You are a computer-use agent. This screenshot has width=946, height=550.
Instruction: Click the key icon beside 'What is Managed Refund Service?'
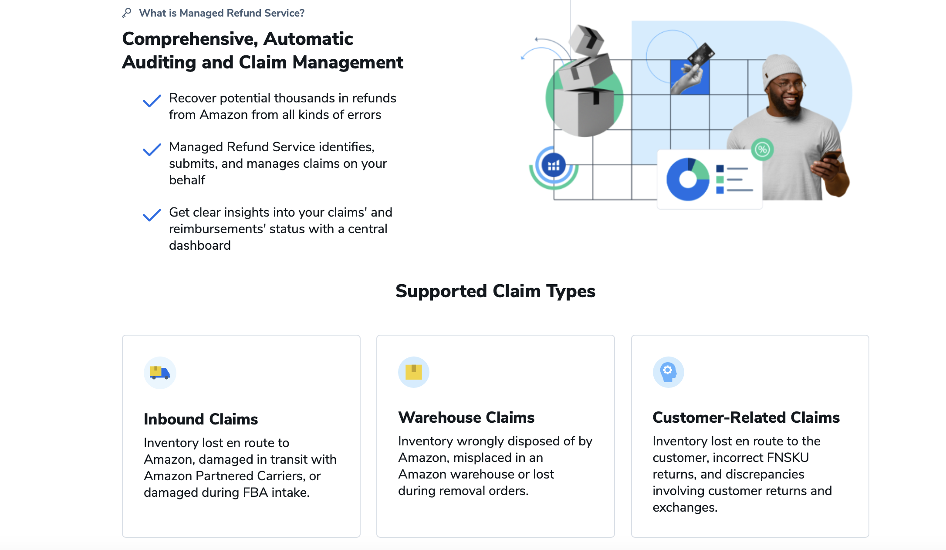coord(127,13)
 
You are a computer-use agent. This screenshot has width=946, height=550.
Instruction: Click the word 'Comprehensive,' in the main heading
coord(190,39)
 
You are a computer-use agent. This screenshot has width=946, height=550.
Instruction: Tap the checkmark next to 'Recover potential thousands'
coord(152,101)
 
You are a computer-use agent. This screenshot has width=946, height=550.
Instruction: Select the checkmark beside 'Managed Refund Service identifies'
coord(152,149)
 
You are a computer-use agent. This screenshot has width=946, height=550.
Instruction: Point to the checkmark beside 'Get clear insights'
coord(152,215)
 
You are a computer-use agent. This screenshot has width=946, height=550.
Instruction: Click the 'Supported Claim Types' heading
coord(495,291)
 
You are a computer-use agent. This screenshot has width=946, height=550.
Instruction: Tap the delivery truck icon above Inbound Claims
coord(160,373)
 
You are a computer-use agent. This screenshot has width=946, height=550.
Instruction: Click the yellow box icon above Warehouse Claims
coord(414,372)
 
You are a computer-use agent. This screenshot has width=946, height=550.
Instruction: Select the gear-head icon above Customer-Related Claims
coord(668,372)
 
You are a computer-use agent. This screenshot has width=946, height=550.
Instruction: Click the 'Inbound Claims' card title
coord(201,419)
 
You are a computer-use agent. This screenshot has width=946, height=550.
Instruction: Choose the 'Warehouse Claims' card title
coord(466,418)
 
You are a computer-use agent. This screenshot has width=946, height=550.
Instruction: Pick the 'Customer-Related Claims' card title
coord(746,418)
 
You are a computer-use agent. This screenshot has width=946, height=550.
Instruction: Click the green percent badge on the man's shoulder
coord(762,149)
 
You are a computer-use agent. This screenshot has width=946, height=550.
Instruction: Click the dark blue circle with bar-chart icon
coord(554,165)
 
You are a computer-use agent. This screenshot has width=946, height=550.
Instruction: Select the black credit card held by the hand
coord(701,55)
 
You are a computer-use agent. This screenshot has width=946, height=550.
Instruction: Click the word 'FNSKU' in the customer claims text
coord(788,458)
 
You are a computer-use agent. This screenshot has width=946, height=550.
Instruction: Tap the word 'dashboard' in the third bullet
coord(200,245)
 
